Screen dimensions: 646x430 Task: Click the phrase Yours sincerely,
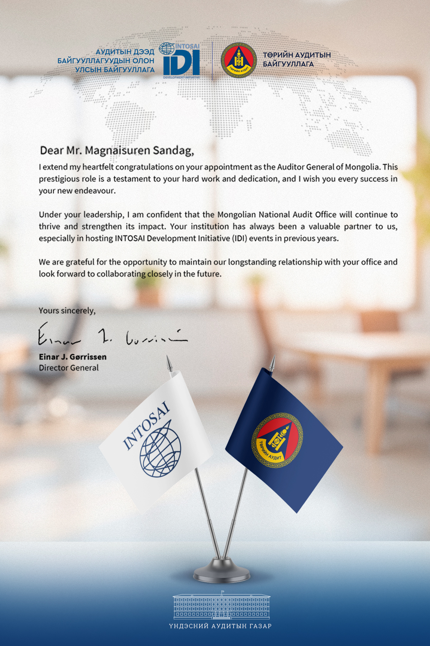pos(67,310)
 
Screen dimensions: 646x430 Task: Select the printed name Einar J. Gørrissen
pos(73,357)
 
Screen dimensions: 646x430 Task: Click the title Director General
pos(69,368)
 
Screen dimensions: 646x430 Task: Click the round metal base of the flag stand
pos(221,570)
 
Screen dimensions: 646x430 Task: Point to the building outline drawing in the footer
pos(221,606)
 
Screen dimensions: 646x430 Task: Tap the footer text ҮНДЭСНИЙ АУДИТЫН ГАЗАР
pos(220,626)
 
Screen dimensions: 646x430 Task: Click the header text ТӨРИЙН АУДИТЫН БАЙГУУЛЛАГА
pos(297,60)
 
